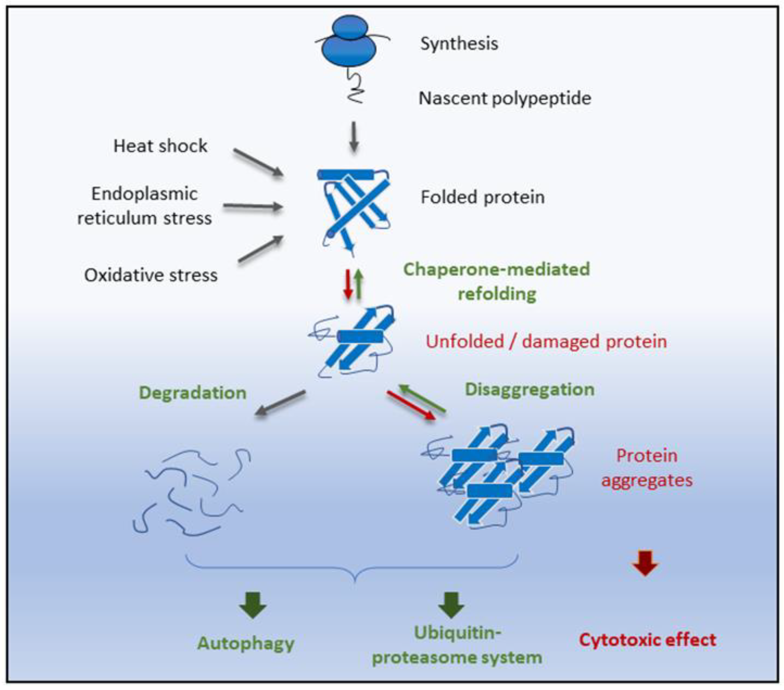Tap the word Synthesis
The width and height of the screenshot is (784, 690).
pyautogui.click(x=459, y=43)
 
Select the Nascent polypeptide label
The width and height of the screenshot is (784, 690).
pyautogui.click(x=504, y=98)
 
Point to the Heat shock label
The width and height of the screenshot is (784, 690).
pyautogui.click(x=160, y=146)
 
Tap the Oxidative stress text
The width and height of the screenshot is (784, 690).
pyautogui.click(x=151, y=275)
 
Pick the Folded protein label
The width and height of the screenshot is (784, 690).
pyautogui.click(x=483, y=197)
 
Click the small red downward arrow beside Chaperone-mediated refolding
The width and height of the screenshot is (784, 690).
pyautogui.click(x=348, y=284)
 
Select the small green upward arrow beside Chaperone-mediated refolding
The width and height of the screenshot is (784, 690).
pyautogui.click(x=359, y=284)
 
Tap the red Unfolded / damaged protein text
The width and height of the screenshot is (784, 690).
pyautogui.click(x=546, y=341)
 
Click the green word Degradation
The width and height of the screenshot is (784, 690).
pyautogui.click(x=193, y=393)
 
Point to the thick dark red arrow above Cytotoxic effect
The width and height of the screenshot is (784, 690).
pyautogui.click(x=645, y=563)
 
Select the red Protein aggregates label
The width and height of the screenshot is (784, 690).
pyautogui.click(x=647, y=468)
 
